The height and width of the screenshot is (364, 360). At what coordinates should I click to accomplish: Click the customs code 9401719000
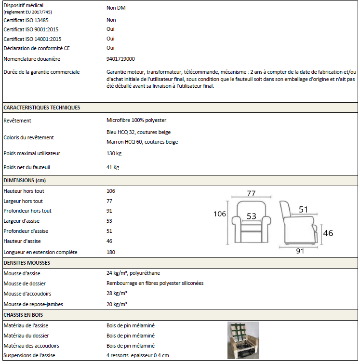point(120,59)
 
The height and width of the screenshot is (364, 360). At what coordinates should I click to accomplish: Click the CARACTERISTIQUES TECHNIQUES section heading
point(41,108)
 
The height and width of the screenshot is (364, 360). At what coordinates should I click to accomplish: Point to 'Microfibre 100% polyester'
point(136,120)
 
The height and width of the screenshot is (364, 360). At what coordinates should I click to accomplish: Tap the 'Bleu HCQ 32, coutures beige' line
point(138,132)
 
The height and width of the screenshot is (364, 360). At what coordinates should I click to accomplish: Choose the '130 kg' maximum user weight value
point(114,153)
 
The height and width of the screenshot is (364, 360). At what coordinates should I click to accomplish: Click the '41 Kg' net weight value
point(113,167)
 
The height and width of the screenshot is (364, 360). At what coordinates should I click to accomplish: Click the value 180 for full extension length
point(111,252)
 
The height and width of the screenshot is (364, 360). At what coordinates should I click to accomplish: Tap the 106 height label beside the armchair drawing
point(220,214)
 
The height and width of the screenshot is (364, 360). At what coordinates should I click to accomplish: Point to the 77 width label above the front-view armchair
point(251,193)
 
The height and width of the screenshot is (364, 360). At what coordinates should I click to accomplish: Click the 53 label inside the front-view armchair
point(252,216)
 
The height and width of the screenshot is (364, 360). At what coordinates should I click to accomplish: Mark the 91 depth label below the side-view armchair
point(300,251)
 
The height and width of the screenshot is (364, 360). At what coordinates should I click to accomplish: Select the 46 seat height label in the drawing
point(328,233)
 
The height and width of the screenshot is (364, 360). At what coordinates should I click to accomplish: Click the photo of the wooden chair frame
point(243,340)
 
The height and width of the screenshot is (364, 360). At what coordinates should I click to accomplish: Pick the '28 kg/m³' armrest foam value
point(117,294)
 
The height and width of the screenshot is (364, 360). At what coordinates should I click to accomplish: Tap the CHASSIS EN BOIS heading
point(24,315)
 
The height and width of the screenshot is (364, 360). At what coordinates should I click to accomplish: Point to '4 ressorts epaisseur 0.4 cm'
point(138,355)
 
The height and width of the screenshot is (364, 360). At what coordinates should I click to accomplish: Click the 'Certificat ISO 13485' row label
point(26,20)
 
